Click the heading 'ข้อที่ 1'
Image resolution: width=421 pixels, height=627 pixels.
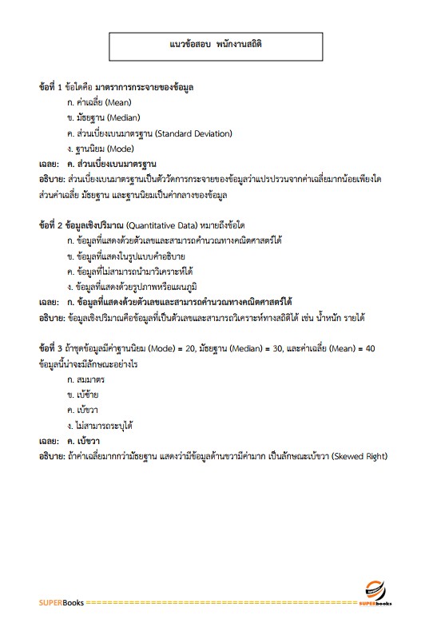pyautogui.click(x=54, y=85)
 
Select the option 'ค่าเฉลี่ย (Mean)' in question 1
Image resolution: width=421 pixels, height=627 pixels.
pyautogui.click(x=100, y=103)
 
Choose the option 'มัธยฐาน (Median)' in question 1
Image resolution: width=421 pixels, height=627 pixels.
pyautogui.click(x=104, y=118)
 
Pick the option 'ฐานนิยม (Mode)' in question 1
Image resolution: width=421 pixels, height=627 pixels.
pyautogui.click(x=101, y=149)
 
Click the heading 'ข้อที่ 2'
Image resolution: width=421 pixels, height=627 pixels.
pyautogui.click(x=54, y=225)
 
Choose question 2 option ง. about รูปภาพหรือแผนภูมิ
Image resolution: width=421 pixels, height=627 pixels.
pyautogui.click(x=132, y=286)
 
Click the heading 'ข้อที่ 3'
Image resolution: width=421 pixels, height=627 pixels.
pyautogui.click(x=54, y=348)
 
